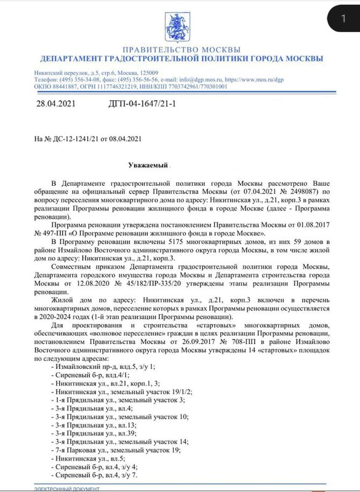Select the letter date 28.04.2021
click(x=58, y=106)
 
